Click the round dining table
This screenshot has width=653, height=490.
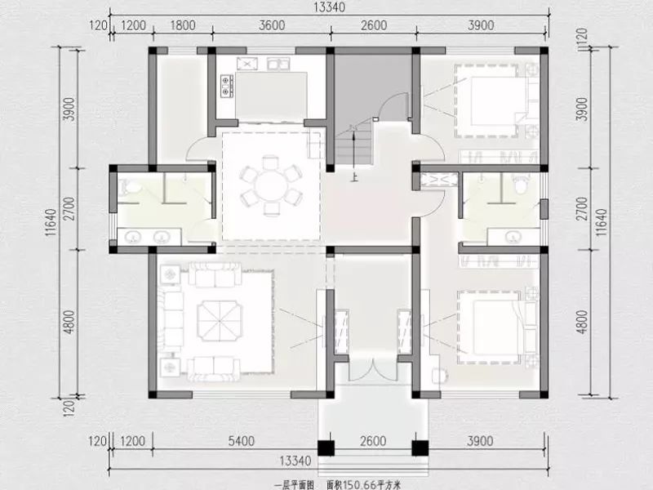271,186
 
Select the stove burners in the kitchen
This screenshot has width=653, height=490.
226,86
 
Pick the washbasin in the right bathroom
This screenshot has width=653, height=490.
513,237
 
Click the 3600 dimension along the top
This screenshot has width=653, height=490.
272,25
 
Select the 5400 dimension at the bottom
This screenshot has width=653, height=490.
242,441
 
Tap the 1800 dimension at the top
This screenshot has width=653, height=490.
182,25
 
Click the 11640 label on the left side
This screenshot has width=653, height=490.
51,222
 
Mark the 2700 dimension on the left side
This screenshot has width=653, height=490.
70,209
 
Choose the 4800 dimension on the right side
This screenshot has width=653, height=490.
582,322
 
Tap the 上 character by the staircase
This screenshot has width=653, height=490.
354,178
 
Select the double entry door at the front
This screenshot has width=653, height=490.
373,369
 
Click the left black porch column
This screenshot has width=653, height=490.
326,448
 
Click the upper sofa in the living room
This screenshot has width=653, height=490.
215,274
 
